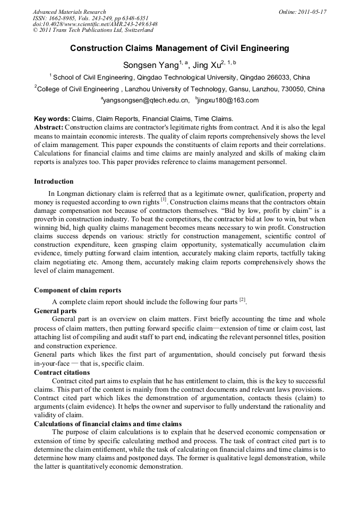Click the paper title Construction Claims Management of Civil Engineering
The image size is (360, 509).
pyautogui.click(x=179, y=48)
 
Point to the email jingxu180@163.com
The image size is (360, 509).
pyautogui.click(x=229, y=100)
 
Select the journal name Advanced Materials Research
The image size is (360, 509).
pyautogui.click(x=69, y=12)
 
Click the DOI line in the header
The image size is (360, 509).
pyautogui.click(x=95, y=24)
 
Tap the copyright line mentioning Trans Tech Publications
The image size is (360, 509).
pyautogui.click(x=93, y=31)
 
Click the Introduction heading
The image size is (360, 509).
pyautogui.click(x=54, y=182)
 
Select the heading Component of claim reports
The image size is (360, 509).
pyautogui.click(x=78, y=290)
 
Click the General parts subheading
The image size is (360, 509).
pyautogui.click(x=55, y=310)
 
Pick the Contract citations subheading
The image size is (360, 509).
pyautogui.click(x=62, y=373)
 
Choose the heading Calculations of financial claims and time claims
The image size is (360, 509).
pyautogui.click(x=108, y=424)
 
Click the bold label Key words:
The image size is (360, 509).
pyautogui.click(x=52, y=119)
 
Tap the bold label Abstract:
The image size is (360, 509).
pyautogui.click(x=49, y=127)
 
